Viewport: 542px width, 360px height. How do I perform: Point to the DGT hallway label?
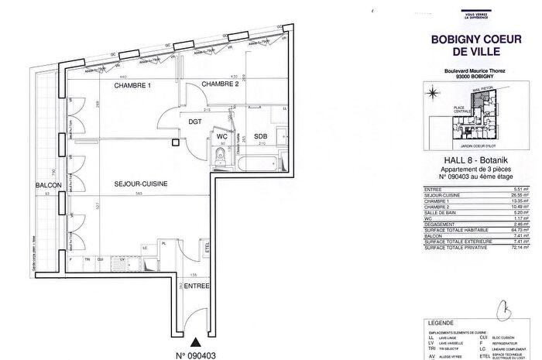pyautogui.click(x=195, y=121)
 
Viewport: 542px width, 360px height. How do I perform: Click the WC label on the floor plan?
pyautogui.click(x=221, y=136)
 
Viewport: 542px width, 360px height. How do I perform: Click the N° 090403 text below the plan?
pyautogui.click(x=195, y=354)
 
